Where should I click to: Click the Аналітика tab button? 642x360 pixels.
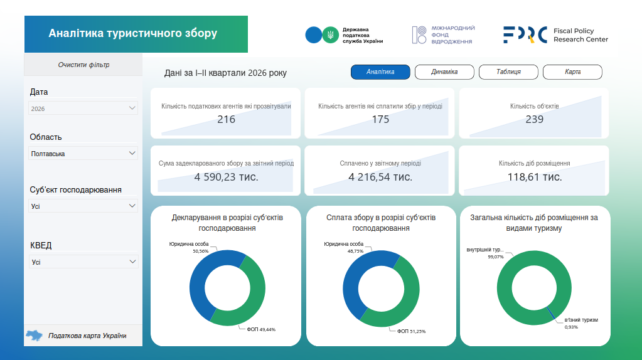point(380,72)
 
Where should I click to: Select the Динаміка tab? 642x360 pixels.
point(444,72)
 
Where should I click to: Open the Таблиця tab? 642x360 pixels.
point(508,72)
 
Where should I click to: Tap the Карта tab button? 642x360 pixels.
point(572,72)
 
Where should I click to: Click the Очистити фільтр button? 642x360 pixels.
point(83,65)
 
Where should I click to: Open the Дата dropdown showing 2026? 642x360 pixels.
point(83,109)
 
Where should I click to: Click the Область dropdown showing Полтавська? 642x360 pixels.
point(83,154)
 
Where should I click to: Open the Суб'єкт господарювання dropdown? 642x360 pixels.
point(83,206)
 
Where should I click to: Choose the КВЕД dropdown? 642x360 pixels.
point(83,262)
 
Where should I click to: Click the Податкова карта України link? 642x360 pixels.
point(87,336)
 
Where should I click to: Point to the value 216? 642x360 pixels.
point(226,119)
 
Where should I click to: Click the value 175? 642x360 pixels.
point(380,119)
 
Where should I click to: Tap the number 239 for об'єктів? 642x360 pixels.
point(534,119)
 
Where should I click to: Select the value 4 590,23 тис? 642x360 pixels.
point(226,177)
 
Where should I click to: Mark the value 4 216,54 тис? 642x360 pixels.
point(380,177)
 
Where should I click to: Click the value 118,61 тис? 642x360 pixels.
point(535,177)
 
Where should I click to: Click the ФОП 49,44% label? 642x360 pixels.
point(261,329)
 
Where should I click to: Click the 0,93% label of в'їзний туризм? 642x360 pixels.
point(571,327)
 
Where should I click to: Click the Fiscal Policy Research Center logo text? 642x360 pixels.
point(580,35)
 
